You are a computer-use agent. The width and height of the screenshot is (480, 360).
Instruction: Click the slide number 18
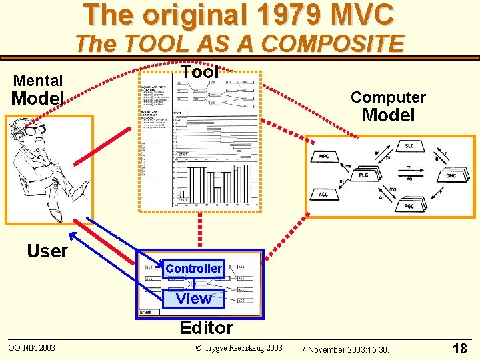click(x=459, y=348)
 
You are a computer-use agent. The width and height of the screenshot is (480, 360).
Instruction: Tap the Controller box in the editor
click(x=193, y=268)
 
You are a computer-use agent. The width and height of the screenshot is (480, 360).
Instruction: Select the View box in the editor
click(x=193, y=298)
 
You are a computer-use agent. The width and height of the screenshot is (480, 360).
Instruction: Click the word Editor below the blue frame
click(x=207, y=327)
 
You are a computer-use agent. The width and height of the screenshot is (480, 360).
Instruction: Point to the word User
click(x=47, y=251)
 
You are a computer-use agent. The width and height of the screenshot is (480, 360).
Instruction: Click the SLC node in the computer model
click(x=409, y=146)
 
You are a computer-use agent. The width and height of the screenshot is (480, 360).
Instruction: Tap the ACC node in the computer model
click(x=323, y=194)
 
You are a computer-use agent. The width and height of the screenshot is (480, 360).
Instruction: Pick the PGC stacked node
click(x=408, y=206)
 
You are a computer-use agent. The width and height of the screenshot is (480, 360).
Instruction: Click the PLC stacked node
click(x=364, y=175)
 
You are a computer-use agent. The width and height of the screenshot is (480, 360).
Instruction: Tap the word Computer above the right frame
click(x=388, y=97)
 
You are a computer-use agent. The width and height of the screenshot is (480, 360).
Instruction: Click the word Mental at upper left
click(x=38, y=81)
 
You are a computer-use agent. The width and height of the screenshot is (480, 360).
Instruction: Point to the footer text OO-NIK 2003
click(x=31, y=348)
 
